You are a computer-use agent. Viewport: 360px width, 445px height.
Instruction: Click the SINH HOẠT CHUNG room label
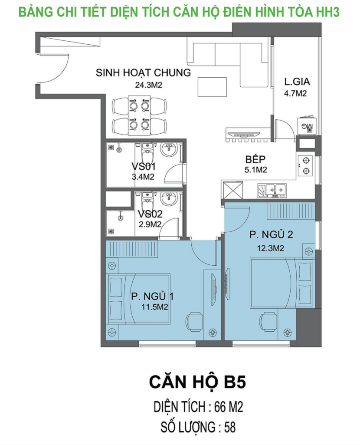[143, 73]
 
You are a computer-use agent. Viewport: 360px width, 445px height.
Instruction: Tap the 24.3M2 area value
[148, 85]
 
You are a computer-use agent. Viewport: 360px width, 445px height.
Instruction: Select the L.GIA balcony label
[297, 82]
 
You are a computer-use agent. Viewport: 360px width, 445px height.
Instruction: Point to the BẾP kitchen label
[255, 159]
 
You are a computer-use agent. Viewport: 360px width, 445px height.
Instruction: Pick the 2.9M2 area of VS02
[150, 224]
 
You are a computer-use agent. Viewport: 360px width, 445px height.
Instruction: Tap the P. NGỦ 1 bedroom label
[152, 296]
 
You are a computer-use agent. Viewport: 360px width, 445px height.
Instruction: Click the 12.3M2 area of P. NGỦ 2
[270, 248]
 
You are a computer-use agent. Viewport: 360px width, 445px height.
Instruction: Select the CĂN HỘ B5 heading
[197, 382]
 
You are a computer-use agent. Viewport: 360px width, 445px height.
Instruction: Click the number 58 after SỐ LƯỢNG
[229, 427]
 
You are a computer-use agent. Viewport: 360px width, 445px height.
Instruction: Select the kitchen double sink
[272, 190]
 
